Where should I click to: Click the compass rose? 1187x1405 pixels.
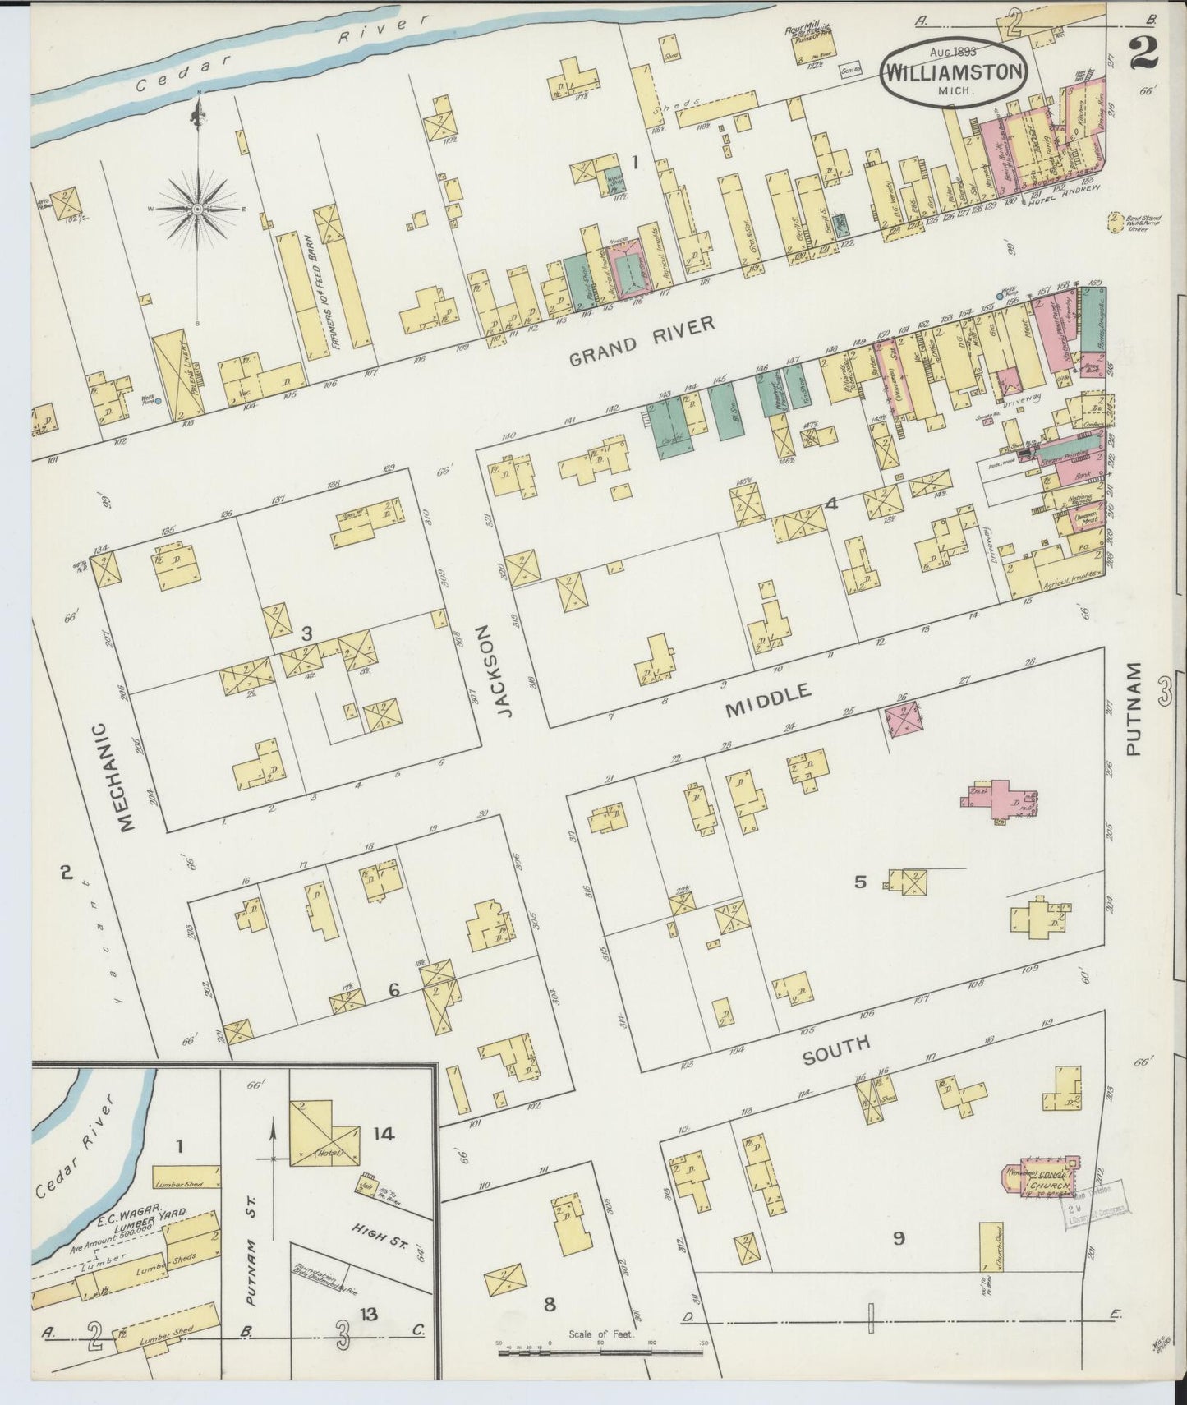coord(198,210)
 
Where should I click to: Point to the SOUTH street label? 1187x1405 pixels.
coord(835,1049)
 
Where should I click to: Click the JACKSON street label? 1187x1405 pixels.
coord(504,671)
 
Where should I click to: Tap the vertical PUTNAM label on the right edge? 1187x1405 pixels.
coord(1134,708)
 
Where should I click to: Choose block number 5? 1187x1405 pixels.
coord(860,882)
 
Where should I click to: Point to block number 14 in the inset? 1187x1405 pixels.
coord(384,1134)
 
